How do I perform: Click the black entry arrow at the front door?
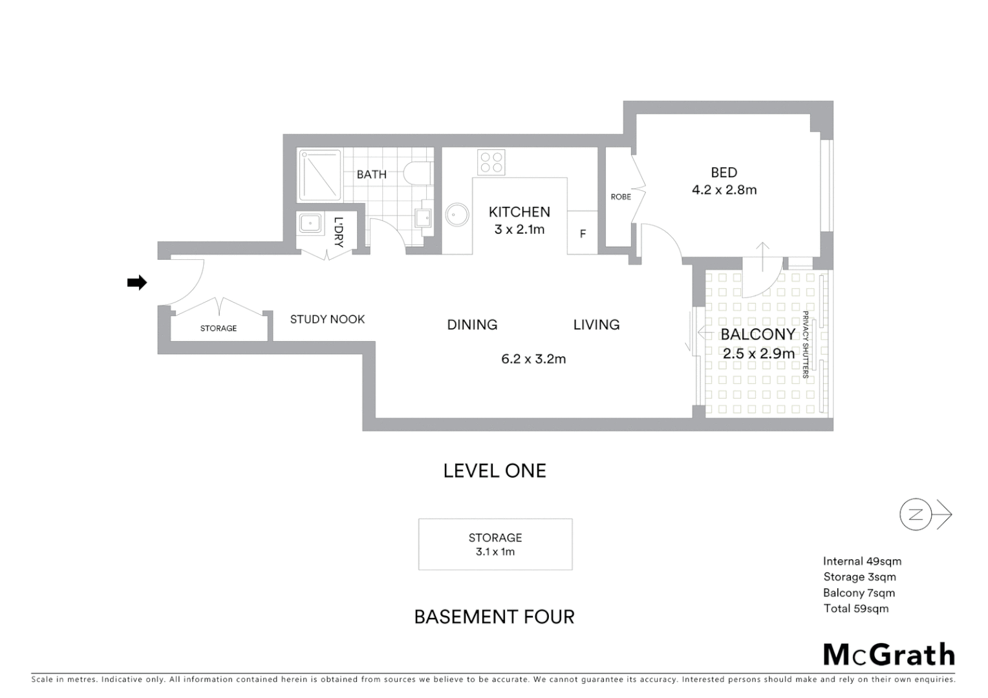pyautogui.click(x=136, y=282)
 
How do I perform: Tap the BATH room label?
pyautogui.click(x=371, y=174)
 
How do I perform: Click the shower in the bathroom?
pyautogui.click(x=319, y=175)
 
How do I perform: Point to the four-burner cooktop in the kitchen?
pyautogui.click(x=491, y=162)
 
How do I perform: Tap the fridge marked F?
pyautogui.click(x=583, y=233)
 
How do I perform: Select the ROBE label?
pyautogui.click(x=620, y=196)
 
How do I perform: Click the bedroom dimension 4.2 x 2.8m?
pyautogui.click(x=724, y=190)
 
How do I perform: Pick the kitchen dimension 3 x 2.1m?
pyautogui.click(x=519, y=229)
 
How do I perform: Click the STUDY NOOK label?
pyautogui.click(x=327, y=319)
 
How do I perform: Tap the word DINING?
pyautogui.click(x=472, y=324)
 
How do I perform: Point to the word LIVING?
pyautogui.click(x=596, y=324)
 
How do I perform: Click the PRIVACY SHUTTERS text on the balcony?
pyautogui.click(x=806, y=344)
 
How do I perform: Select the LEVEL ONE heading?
pyautogui.click(x=495, y=471)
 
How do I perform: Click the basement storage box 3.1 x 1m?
pyautogui.click(x=495, y=544)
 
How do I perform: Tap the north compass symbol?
pyautogui.click(x=916, y=514)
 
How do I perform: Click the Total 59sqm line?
pyautogui.click(x=855, y=608)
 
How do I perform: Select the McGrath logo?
pyautogui.click(x=888, y=655)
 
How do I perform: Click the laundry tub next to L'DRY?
pyautogui.click(x=310, y=223)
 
